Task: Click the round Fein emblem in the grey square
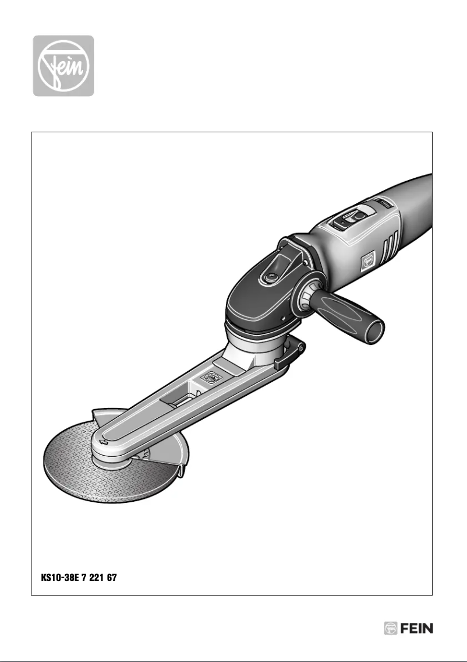[x=62, y=65]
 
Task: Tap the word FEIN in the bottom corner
[x=417, y=629]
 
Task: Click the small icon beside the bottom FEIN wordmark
[x=390, y=629]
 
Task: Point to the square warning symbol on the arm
[x=207, y=379]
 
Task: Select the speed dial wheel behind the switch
[x=384, y=203]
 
